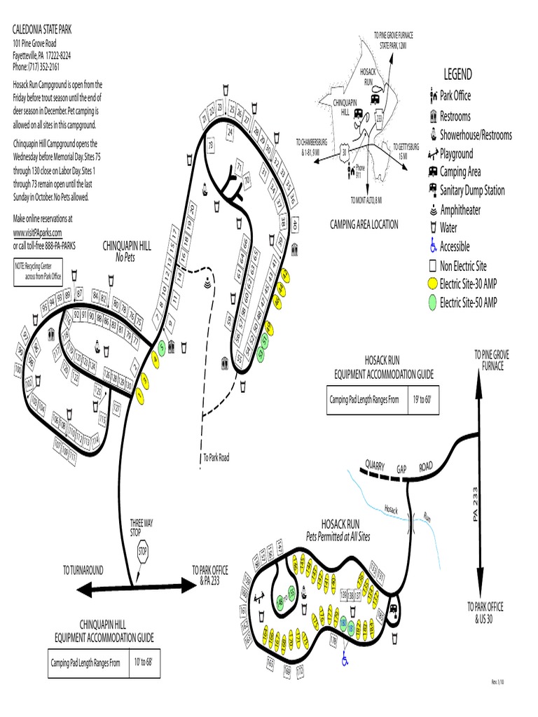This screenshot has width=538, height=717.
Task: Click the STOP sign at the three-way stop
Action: click(x=143, y=551)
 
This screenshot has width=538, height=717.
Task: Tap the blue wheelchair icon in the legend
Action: click(x=433, y=246)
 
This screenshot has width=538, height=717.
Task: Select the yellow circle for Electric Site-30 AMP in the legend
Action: click(x=433, y=284)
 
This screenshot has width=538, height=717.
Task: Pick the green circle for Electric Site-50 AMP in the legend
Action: click(x=433, y=302)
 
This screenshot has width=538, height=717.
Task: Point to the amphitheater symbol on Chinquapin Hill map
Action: click(x=209, y=284)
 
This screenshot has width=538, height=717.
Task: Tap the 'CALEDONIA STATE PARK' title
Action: click(x=42, y=30)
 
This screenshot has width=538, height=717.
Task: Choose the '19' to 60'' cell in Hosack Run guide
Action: click(x=423, y=400)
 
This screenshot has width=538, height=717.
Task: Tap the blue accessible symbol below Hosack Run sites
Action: click(x=345, y=660)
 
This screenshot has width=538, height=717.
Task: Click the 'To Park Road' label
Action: click(x=217, y=458)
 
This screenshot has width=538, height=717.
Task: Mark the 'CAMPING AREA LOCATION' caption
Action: click(x=364, y=225)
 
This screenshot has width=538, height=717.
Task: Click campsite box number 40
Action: click(x=295, y=225)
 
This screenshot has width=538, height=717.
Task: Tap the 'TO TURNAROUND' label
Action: click(x=83, y=571)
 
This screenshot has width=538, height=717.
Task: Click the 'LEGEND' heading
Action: click(x=457, y=75)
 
